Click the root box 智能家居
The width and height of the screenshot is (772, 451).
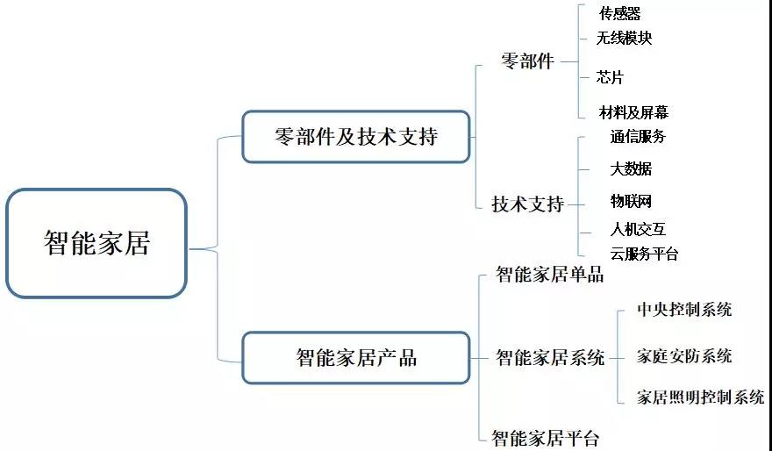click(x=96, y=243)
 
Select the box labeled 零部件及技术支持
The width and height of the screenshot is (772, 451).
click(x=355, y=137)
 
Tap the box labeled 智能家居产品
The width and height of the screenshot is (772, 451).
click(x=355, y=358)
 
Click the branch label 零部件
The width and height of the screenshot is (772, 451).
click(x=527, y=61)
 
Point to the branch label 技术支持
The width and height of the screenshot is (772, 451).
click(x=527, y=204)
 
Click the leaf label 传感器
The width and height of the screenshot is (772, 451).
click(x=619, y=14)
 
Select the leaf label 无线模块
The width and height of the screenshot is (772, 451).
click(x=624, y=39)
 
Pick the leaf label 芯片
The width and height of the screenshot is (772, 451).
click(x=610, y=77)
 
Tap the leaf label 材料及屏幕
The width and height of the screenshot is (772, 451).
click(x=633, y=112)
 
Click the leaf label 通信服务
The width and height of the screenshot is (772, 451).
click(x=638, y=137)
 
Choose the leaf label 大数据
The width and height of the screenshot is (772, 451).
click(x=631, y=168)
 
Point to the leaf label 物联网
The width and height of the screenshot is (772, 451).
click(x=631, y=201)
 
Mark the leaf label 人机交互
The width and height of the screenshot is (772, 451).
click(x=638, y=229)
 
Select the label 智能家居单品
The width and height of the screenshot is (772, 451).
click(x=549, y=275)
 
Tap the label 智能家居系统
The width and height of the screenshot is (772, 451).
click(x=549, y=357)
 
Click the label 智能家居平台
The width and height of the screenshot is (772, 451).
click(x=545, y=437)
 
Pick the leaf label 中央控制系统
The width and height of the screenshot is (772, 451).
click(x=684, y=310)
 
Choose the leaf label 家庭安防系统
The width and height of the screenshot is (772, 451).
click(x=684, y=356)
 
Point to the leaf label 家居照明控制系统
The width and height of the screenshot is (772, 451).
click(x=700, y=397)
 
